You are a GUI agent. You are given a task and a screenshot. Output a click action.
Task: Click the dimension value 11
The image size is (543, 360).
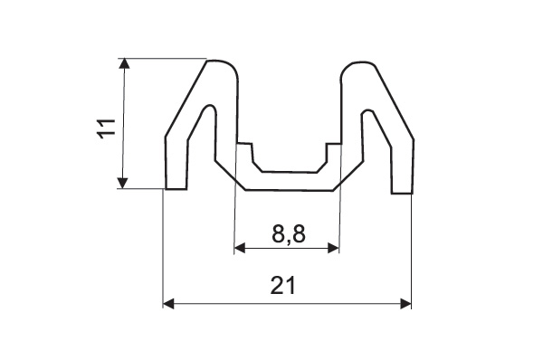(x=106, y=128)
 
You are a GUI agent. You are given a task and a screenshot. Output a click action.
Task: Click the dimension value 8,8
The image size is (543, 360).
(x=289, y=234)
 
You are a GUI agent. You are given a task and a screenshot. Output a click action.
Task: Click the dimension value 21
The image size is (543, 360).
(x=283, y=285)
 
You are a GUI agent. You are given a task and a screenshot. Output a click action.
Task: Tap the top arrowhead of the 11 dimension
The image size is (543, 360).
(x=124, y=64)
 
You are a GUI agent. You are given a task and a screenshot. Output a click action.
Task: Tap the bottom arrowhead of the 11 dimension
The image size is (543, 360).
(x=122, y=183)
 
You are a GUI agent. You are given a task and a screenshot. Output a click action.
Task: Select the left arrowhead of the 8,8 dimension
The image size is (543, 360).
(x=240, y=248)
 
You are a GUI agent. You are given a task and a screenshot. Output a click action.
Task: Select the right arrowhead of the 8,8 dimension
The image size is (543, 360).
(x=333, y=248)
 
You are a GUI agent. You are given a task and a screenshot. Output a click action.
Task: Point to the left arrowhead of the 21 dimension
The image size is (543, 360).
(x=168, y=304)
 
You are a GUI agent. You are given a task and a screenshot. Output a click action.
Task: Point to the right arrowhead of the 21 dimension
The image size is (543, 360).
(x=405, y=304)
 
